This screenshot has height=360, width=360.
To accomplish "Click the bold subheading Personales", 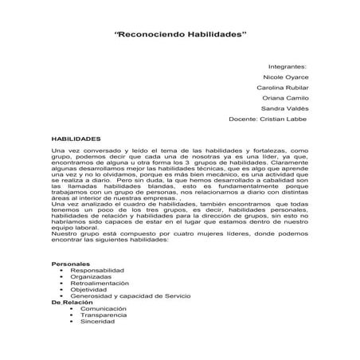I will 70,263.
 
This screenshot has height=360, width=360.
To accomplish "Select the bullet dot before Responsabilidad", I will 61,269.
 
